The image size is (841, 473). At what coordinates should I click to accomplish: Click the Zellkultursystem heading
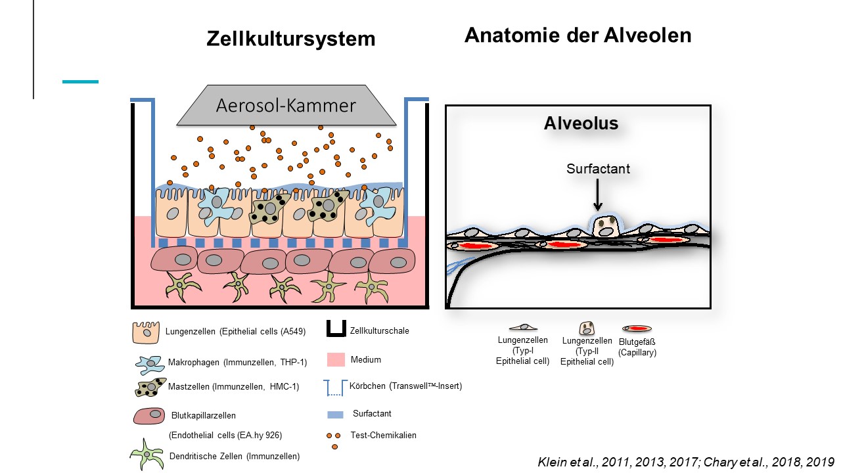coord(291,39)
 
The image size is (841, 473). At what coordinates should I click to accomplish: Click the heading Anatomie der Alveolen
coord(578,35)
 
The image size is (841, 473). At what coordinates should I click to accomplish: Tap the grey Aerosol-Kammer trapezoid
coord(286,106)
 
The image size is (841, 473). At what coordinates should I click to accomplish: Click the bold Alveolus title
coord(581,124)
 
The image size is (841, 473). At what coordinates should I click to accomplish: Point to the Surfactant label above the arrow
coord(598,169)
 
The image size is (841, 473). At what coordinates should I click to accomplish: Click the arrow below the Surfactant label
coord(598,195)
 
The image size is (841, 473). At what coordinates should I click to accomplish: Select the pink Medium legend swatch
coord(336,359)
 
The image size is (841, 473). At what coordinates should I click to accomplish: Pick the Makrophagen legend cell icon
coord(150,364)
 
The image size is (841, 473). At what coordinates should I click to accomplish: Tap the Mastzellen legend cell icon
coord(150,387)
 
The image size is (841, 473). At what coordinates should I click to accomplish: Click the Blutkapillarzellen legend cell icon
coord(149,416)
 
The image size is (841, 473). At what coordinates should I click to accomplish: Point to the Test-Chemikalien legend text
coord(384,435)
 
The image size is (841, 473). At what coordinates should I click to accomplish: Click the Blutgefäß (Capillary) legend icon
coord(637,328)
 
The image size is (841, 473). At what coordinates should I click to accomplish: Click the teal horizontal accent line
coord(80,82)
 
